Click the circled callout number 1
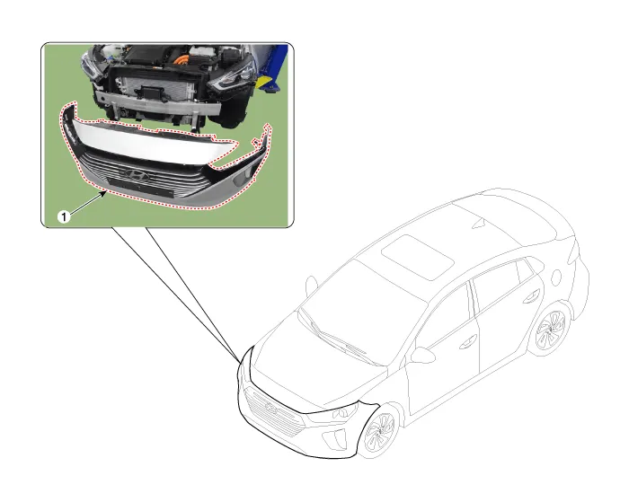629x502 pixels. tap(64, 217)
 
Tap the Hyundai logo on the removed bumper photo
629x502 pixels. tap(135, 174)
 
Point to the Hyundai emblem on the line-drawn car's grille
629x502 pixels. tap(271, 407)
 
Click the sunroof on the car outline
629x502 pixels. tap(418, 257)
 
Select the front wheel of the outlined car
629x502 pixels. tap(379, 432)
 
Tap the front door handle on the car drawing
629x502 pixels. tap(467, 342)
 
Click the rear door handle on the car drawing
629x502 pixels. tap(531, 296)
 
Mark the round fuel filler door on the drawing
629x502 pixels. tap(556, 277)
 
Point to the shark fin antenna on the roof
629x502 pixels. tap(480, 224)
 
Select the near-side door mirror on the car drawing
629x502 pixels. tap(422, 356)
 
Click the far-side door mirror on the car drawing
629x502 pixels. tap(311, 285)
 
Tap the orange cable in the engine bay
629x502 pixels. tap(184, 60)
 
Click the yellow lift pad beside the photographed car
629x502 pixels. tap(263, 83)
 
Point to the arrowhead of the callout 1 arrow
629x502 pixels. tap(105, 193)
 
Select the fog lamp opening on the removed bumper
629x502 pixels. tap(244, 176)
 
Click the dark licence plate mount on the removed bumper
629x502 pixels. tap(140, 188)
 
